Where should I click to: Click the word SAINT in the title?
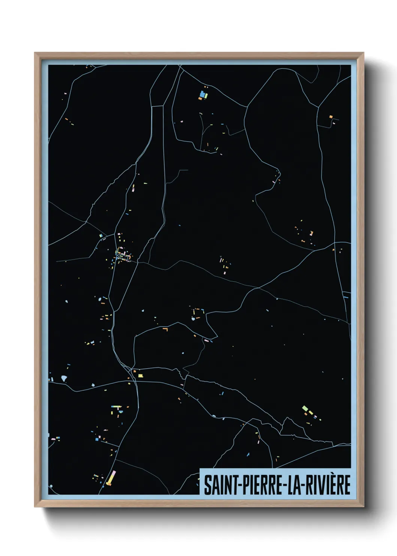coord(220,485)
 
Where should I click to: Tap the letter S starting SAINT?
coord(207,485)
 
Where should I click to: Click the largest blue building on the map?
coord(202,94)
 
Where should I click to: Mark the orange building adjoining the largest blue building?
coord(200,98)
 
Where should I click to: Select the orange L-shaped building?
coord(165,329)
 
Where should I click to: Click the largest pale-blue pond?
coord(64,378)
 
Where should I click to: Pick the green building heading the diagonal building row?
coord(305,408)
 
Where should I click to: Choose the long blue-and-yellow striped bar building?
coord(117,406)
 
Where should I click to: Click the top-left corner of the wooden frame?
coord(35,53)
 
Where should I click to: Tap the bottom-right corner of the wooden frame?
coord(364,507)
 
